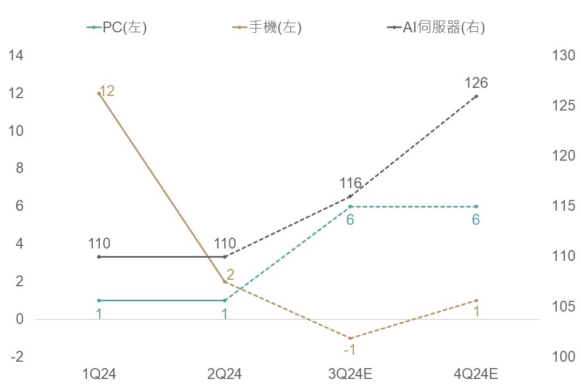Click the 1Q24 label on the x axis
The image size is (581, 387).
coord(99,374)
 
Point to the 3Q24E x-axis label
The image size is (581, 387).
coord(350,374)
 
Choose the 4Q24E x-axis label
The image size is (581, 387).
coord(476,374)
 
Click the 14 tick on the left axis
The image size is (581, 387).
coord(16,56)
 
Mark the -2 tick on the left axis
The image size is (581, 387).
coord(16,357)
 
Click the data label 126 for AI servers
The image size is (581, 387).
coord(476,83)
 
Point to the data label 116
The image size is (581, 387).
coord(350,183)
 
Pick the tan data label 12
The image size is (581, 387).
coord(107,91)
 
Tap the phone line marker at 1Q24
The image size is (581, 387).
coord(99,93)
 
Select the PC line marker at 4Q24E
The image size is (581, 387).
coord(476,206)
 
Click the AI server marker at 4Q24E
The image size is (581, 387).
coord(476,96)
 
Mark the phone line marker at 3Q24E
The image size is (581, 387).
coord(350,338)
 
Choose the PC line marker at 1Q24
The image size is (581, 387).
coord(99,300)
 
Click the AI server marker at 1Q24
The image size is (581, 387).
coord(99,257)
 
